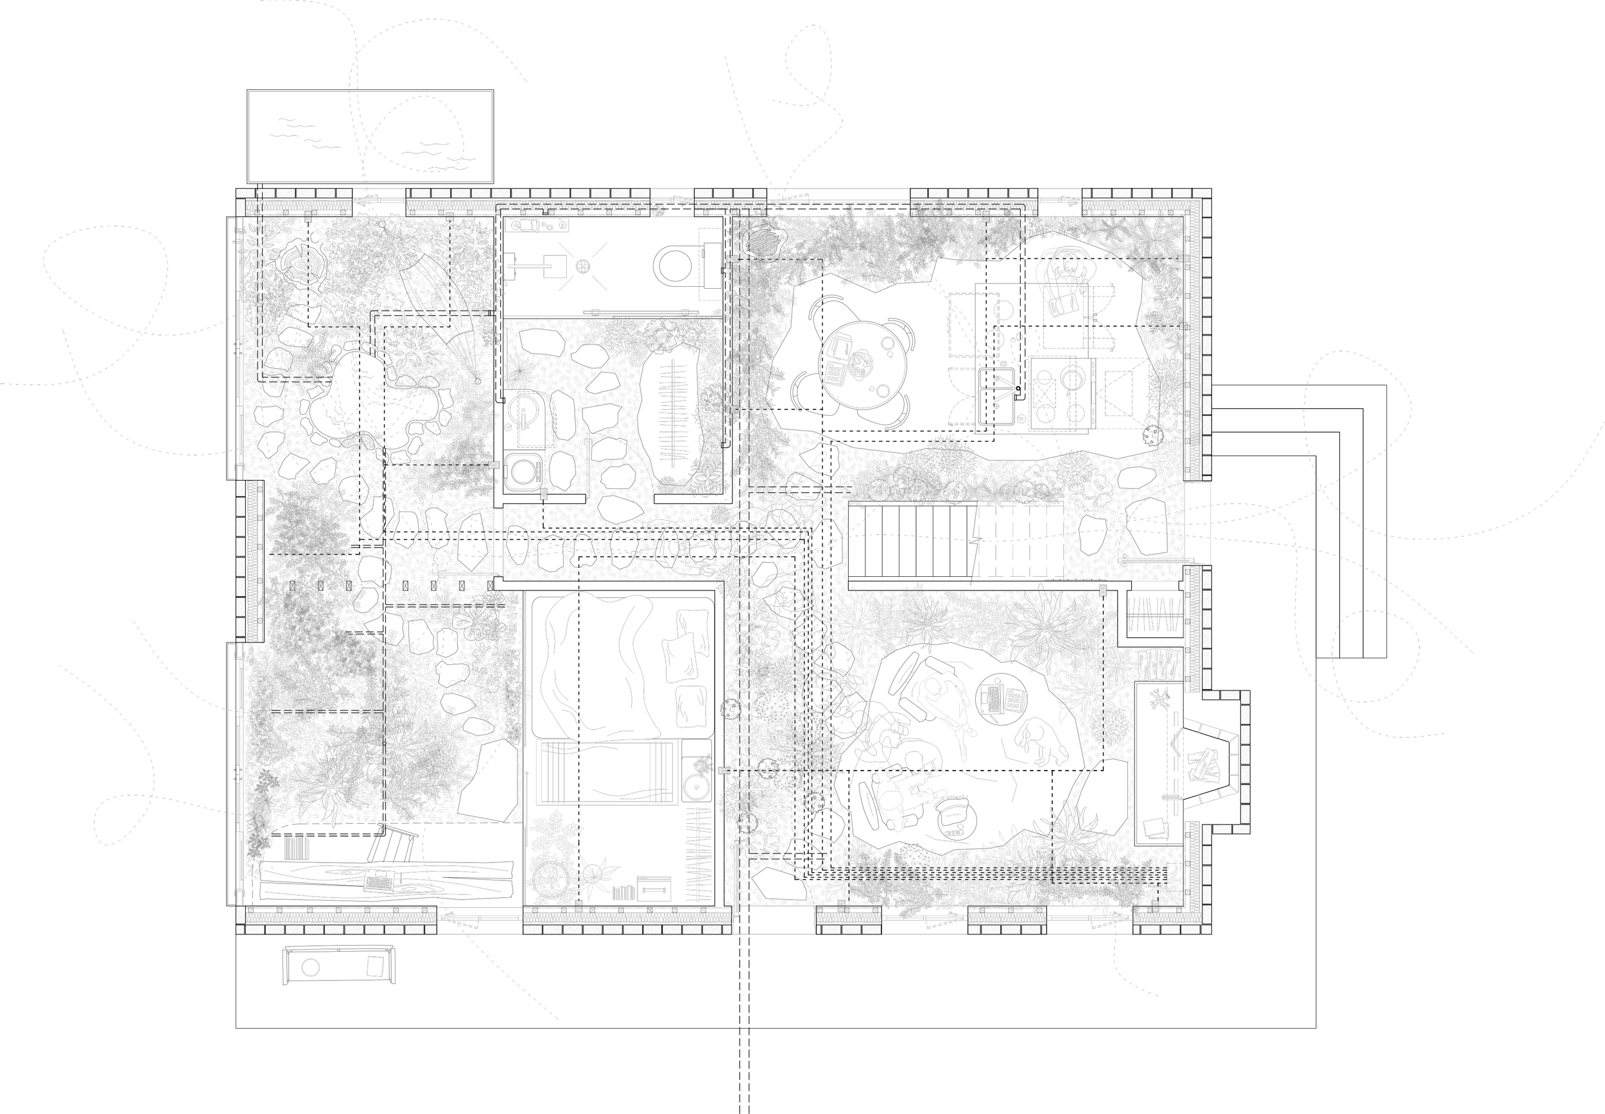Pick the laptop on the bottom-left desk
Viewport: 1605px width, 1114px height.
click(380, 882)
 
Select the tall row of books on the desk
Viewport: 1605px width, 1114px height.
click(296, 847)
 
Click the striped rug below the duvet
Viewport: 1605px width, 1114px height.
click(607, 773)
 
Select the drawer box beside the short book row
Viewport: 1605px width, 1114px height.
click(654, 889)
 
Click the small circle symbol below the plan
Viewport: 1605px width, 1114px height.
click(311, 968)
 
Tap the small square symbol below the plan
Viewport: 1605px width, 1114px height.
click(376, 966)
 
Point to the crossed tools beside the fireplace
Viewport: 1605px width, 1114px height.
click(1160, 699)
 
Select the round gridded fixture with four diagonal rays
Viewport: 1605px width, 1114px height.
click(583, 266)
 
